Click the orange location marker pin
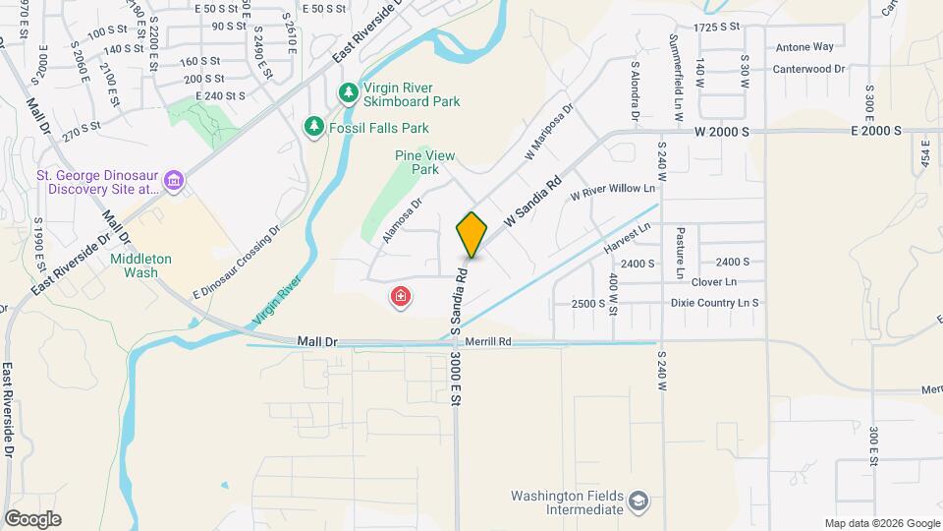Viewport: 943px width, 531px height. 472,235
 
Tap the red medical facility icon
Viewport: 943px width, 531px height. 401,296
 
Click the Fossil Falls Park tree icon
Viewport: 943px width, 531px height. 313,127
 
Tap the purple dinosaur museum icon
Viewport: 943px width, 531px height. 174,180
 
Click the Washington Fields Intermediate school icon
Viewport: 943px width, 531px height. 638,502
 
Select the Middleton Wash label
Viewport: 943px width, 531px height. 140,265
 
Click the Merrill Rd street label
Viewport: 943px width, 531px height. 490,341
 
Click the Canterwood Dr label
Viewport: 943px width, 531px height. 809,69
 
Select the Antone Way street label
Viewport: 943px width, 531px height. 804,46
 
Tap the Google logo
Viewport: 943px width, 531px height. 32,519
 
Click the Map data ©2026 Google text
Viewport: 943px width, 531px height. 881,523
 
